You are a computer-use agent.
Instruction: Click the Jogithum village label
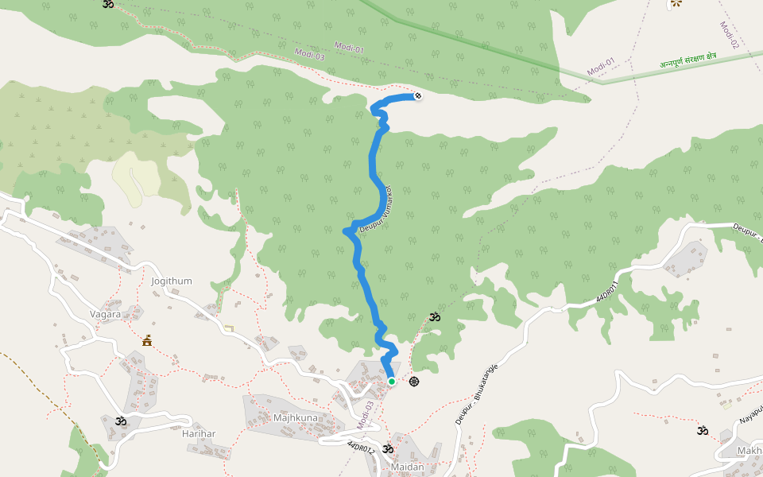coord(171,281)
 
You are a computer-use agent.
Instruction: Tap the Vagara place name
coord(105,314)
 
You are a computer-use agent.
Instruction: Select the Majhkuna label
coord(295,417)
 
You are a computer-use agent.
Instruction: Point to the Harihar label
coord(199,433)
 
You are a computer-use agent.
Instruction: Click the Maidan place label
coord(407,467)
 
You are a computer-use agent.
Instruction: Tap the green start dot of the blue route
coord(392,382)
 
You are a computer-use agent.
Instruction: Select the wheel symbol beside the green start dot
coord(414,382)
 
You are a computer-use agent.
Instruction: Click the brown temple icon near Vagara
coord(146,341)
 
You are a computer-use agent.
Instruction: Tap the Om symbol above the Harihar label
coord(120,421)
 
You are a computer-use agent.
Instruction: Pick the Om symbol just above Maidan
coord(388,449)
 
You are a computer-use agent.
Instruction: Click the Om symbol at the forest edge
coord(433,317)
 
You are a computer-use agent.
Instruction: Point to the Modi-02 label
coord(729,36)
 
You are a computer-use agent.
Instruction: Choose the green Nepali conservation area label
coord(687,60)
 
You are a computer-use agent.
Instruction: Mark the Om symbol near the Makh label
coord(703,431)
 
